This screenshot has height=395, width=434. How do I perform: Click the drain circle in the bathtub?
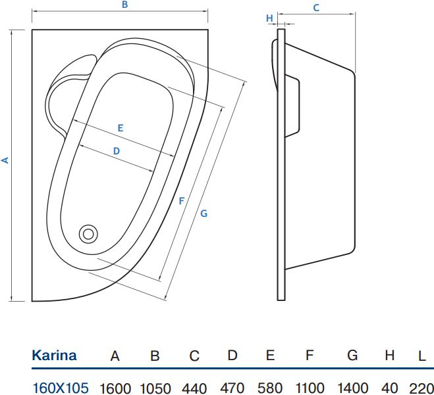(88, 233)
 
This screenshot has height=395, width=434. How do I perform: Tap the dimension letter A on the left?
(6, 160)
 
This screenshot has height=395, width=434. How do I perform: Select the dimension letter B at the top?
(124, 5)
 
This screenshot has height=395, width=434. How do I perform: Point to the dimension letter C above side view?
(316, 8)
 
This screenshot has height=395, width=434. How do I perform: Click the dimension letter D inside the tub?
(117, 151)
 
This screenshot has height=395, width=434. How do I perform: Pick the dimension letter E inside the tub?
(121, 128)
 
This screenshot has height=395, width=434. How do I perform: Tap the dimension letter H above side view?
(269, 18)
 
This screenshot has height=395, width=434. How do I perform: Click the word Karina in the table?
(54, 356)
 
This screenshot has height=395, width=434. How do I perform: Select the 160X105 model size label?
(60, 388)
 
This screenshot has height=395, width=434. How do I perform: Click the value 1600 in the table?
(115, 388)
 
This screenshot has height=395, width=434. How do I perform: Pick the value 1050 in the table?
(155, 388)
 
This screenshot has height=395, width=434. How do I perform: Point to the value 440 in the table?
(194, 388)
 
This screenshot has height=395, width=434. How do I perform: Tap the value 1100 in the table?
(309, 388)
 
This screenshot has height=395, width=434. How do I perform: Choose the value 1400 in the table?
(353, 388)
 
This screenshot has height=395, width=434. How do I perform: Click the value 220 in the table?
(421, 388)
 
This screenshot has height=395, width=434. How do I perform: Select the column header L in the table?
(421, 356)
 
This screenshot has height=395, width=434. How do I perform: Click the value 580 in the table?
(270, 388)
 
